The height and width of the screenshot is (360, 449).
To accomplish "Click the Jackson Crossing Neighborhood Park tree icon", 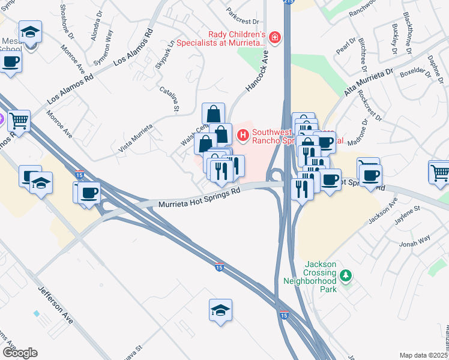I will [345, 275].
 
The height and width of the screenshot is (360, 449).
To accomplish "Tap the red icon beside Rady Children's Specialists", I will [275, 38].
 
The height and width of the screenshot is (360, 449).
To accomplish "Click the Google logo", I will [20, 352].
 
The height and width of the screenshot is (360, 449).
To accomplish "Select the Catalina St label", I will [170, 98].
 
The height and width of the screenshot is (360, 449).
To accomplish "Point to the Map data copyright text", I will [423, 355].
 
